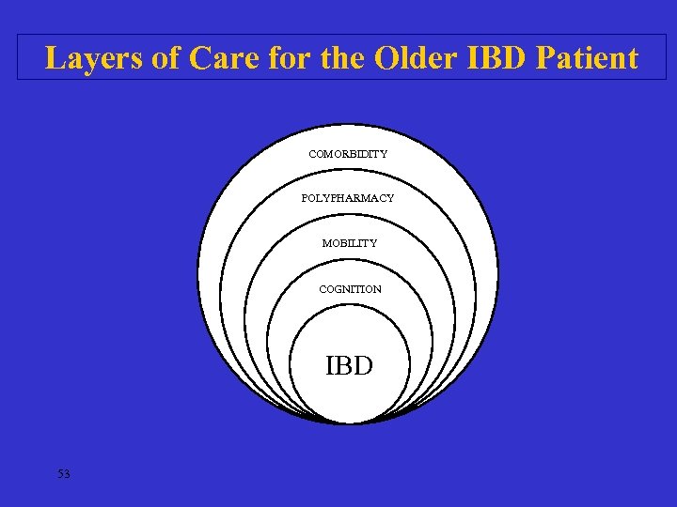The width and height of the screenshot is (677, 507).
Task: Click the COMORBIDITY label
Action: coord(348,153)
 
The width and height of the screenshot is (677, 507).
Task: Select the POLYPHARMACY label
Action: coord(348,198)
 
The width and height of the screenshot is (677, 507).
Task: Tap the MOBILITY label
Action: coord(349,243)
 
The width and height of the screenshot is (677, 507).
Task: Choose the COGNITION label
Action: coord(350,289)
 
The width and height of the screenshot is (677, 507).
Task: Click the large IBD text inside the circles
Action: coord(349,365)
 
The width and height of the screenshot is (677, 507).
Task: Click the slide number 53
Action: coord(63,474)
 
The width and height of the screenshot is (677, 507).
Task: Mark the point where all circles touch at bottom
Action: coord(349,422)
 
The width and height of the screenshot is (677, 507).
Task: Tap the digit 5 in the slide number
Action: coord(60,474)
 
